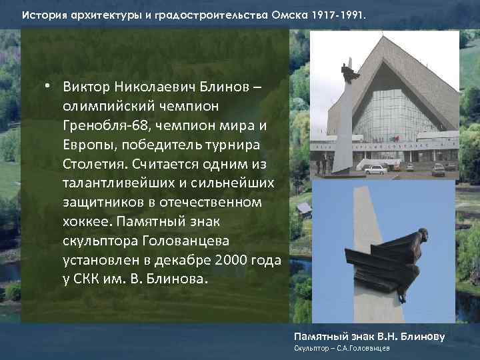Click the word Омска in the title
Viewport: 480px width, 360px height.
click(x=291, y=13)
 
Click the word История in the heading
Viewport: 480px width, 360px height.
click(x=42, y=13)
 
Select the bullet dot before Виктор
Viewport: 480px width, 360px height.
click(x=49, y=87)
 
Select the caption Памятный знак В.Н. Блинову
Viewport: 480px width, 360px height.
click(x=369, y=336)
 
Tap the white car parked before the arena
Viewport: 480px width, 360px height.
click(x=377, y=169)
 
